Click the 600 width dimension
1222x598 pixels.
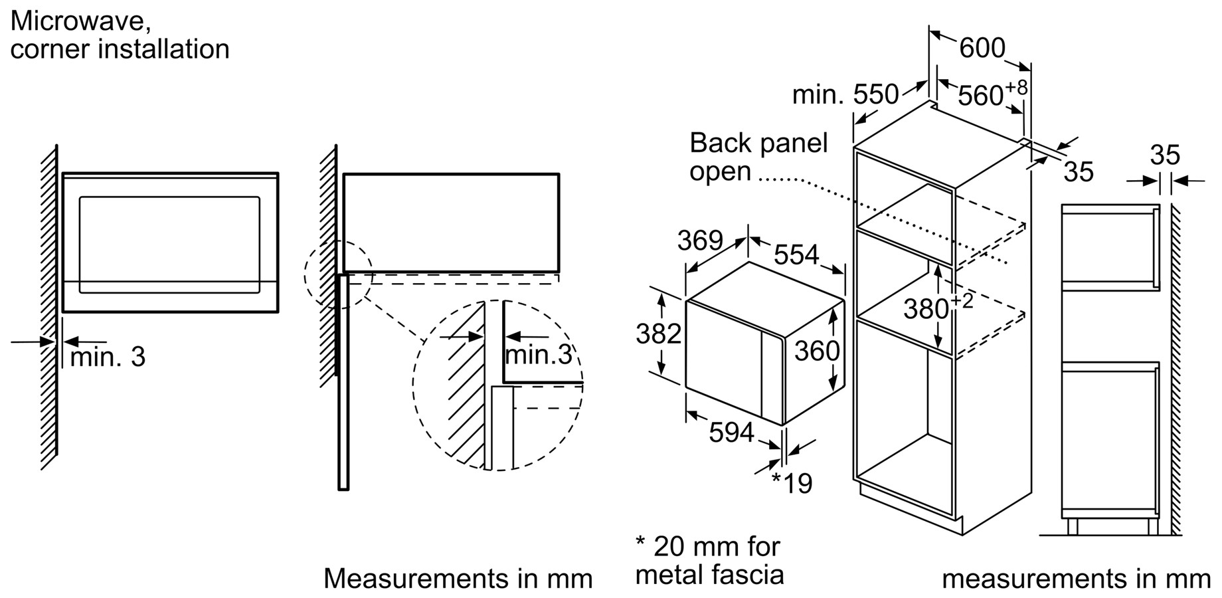[x=982, y=48]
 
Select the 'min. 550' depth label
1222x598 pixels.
[x=845, y=94]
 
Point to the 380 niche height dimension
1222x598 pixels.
[x=938, y=307]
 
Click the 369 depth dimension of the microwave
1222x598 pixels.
[x=700, y=241]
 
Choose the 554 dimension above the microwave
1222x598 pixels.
[x=796, y=254]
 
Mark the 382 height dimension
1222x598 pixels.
[x=659, y=334]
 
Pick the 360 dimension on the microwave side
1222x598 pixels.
[x=817, y=351]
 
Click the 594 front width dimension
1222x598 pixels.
[x=732, y=433]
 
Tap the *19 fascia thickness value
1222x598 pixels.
[x=792, y=484]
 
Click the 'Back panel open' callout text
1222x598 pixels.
[x=758, y=157]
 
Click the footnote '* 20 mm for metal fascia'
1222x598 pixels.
[x=709, y=560]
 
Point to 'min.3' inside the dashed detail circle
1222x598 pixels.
[x=539, y=355]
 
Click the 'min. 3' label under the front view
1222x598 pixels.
[x=108, y=357]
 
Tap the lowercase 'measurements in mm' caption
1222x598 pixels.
[x=1076, y=579]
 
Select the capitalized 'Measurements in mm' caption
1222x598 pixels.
[x=458, y=578]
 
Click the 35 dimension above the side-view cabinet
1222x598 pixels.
[x=1165, y=155]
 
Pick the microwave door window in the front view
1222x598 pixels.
[x=169, y=245]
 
